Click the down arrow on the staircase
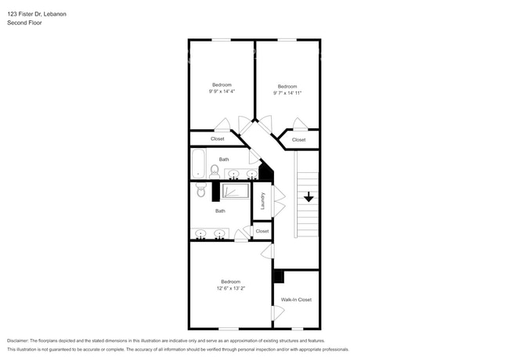click(309, 196)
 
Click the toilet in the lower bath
click(200, 189)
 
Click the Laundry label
click(263, 201)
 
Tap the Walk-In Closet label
click(296, 300)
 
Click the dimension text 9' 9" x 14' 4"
click(222, 92)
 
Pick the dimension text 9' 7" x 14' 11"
click(287, 92)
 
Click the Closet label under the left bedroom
click(217, 139)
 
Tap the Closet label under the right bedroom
click(298, 140)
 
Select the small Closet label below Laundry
click(262, 231)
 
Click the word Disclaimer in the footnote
click(22, 340)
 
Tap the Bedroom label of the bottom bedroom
click(230, 281)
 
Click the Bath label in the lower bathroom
click(221, 211)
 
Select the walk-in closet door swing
click(277, 313)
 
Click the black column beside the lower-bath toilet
click(216, 192)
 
